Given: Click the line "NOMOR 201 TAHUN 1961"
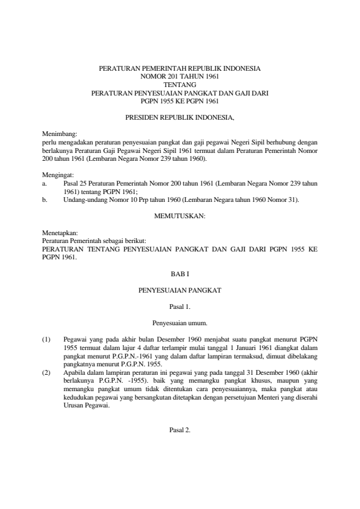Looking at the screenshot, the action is (x=179, y=77).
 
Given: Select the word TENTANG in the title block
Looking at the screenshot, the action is (x=179, y=85).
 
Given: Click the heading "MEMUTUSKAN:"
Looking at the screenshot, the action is (x=179, y=215).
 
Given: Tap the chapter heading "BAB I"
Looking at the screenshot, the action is (x=179, y=274).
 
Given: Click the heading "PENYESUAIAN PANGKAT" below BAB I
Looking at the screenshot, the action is (x=179, y=291).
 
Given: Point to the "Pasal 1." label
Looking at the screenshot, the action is (x=179, y=307).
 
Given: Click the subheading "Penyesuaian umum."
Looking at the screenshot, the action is (x=179, y=324).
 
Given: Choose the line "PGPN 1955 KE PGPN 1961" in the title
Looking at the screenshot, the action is (x=179, y=102).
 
